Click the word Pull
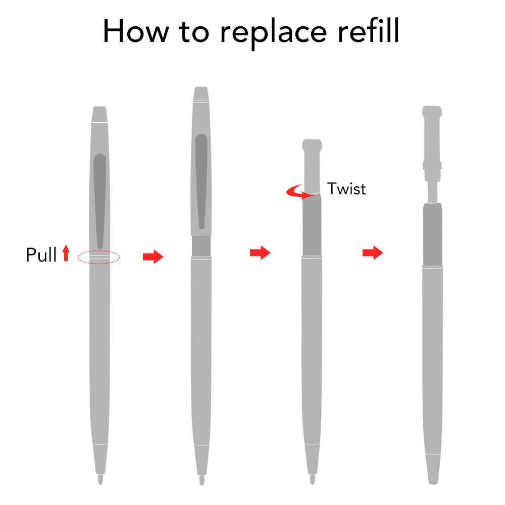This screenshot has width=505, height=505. point(41,255)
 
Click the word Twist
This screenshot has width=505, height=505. point(346,189)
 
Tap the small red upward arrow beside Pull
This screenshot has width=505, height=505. point(66,253)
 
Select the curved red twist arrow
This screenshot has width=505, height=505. point(299,192)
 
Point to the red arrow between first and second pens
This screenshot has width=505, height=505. point(154,257)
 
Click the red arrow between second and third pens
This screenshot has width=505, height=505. point(260,252)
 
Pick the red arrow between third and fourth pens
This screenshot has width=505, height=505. point(373,252)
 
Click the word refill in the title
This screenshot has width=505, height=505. point(368,31)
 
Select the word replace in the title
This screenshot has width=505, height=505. point(274,34)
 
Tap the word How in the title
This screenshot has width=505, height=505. point(136,31)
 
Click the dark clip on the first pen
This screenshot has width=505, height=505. point(100,201)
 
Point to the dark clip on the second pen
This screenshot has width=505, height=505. point(201,181)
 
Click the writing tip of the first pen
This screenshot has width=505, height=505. point(100,479)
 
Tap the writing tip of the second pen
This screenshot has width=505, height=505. point(201,480)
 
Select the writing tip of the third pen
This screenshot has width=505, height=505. point(312,479)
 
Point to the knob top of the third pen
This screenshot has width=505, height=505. point(312,144)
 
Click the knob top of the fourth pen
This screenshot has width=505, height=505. point(432,112)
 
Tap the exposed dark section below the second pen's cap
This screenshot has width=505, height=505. point(201,246)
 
